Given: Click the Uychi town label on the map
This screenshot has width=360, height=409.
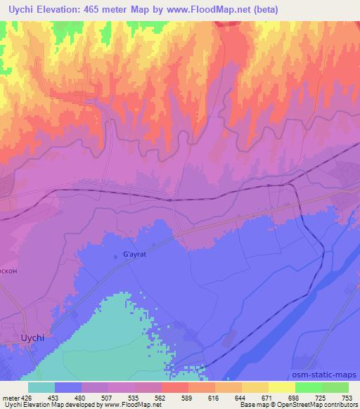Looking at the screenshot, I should [32, 337].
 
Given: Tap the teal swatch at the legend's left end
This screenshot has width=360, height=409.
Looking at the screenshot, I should [41, 387].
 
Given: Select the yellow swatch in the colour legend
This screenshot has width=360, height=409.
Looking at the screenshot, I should [281, 387].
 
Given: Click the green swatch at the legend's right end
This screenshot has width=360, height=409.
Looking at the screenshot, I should [335, 387].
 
